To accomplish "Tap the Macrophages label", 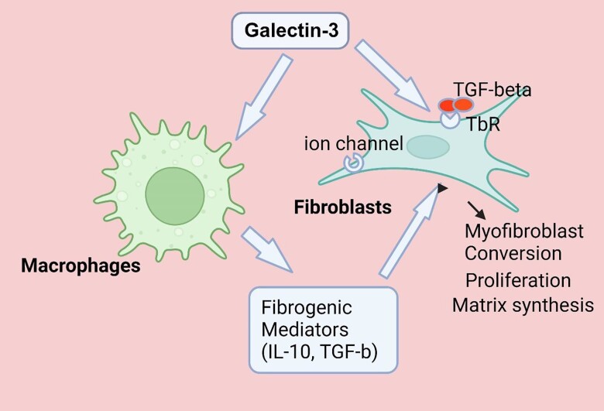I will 81,266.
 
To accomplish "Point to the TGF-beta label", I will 492,90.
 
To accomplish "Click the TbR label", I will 482,124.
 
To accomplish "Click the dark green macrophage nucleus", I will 175,197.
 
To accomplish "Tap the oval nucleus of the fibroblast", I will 428,146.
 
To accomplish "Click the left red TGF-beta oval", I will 447,105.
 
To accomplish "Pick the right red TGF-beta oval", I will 463,104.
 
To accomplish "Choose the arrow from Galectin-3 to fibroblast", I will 392,77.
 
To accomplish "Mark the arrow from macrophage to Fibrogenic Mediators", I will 266,250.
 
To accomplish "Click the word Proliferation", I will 517,279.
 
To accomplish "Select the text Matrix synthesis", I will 522,305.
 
